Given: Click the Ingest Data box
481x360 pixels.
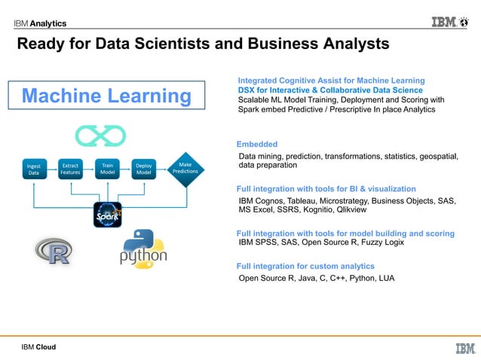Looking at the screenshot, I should coord(34,168).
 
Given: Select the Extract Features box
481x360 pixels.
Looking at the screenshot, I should coord(71,168).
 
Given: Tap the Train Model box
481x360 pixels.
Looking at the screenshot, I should coord(107,168).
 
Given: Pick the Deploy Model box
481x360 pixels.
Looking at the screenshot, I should coord(143,168).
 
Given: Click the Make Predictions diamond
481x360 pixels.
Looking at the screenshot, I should coord(185,167).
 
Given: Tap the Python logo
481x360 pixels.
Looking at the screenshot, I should coord(143,249).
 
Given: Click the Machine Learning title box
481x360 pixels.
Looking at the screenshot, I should coord(106,96).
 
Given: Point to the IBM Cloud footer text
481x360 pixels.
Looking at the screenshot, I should coord(38,347).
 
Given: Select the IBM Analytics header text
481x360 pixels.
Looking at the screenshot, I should coord(39,23).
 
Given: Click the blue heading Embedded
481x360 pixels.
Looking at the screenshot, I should coord(257,144).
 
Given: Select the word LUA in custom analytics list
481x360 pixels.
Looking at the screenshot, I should coord(384,278).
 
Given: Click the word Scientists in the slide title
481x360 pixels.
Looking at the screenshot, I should coord(175,44).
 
